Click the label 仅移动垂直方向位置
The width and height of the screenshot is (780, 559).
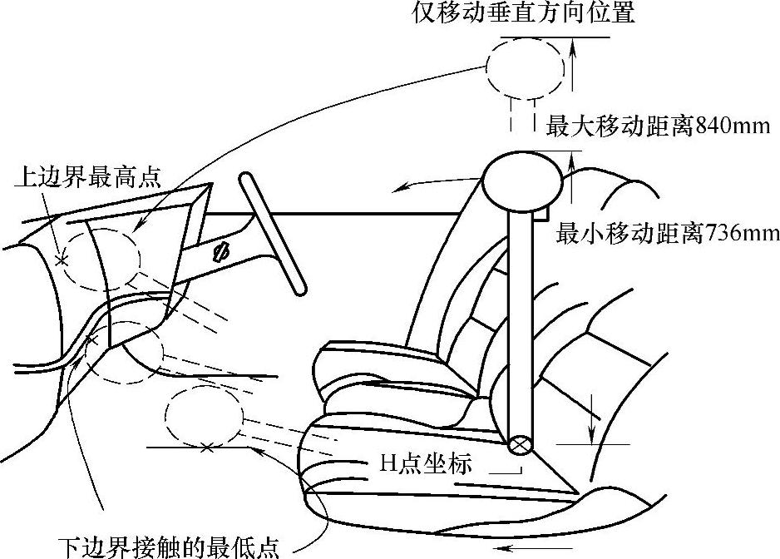tap(524, 14)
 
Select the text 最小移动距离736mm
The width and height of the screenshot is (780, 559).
tap(668, 234)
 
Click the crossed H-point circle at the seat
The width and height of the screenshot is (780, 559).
tap(521, 446)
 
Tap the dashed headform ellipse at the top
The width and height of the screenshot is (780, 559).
tap(526, 68)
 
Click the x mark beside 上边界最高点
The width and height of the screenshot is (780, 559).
tap(61, 260)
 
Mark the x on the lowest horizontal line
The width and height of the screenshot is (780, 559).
tap(206, 448)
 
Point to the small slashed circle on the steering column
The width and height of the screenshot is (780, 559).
tap(220, 251)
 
